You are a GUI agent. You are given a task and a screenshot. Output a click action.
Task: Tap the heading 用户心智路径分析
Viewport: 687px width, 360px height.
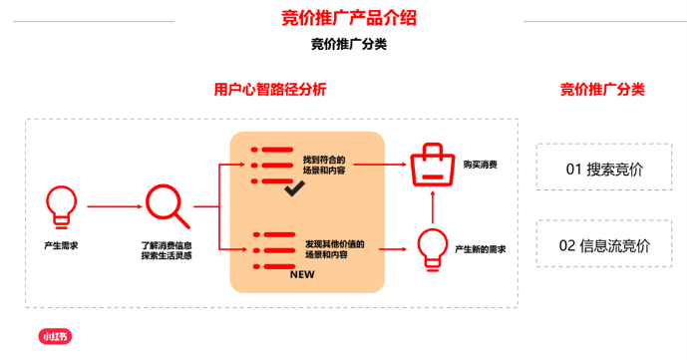click(x=270, y=90)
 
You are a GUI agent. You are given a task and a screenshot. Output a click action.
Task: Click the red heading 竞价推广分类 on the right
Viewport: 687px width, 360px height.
click(x=602, y=90)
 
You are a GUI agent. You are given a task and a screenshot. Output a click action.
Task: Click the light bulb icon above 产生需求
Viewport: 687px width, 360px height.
click(x=62, y=205)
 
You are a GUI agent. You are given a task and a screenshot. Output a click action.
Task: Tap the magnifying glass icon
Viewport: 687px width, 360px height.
click(x=167, y=205)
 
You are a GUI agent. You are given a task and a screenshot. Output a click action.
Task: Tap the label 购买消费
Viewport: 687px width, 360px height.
click(x=480, y=164)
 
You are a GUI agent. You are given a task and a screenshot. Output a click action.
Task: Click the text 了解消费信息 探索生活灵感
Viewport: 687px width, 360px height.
click(x=167, y=248)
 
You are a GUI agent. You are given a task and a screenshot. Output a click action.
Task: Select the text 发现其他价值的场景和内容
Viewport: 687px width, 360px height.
click(x=334, y=248)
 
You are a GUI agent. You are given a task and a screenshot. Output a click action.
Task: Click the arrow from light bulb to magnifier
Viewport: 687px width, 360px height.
click(x=113, y=206)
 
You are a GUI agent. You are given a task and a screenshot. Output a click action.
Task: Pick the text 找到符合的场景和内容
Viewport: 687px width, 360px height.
click(x=324, y=165)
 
